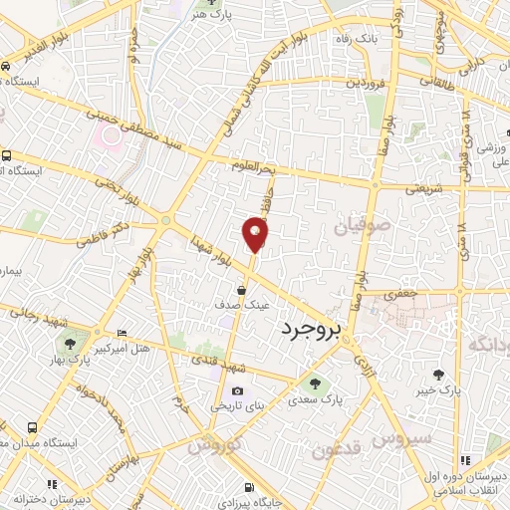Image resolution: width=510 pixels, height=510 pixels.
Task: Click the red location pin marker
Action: pyautogui.click(x=255, y=235)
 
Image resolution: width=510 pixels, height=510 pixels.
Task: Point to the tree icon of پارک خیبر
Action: pyautogui.click(x=439, y=375)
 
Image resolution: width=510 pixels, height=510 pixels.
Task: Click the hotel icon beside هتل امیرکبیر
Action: pyautogui.click(x=122, y=333)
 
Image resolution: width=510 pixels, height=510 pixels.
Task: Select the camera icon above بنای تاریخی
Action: pyautogui.click(x=237, y=389)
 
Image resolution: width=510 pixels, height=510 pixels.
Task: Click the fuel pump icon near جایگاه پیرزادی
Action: pyautogui.click(x=249, y=488)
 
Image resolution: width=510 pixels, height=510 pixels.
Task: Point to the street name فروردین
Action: pyautogui.click(x=364, y=82)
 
